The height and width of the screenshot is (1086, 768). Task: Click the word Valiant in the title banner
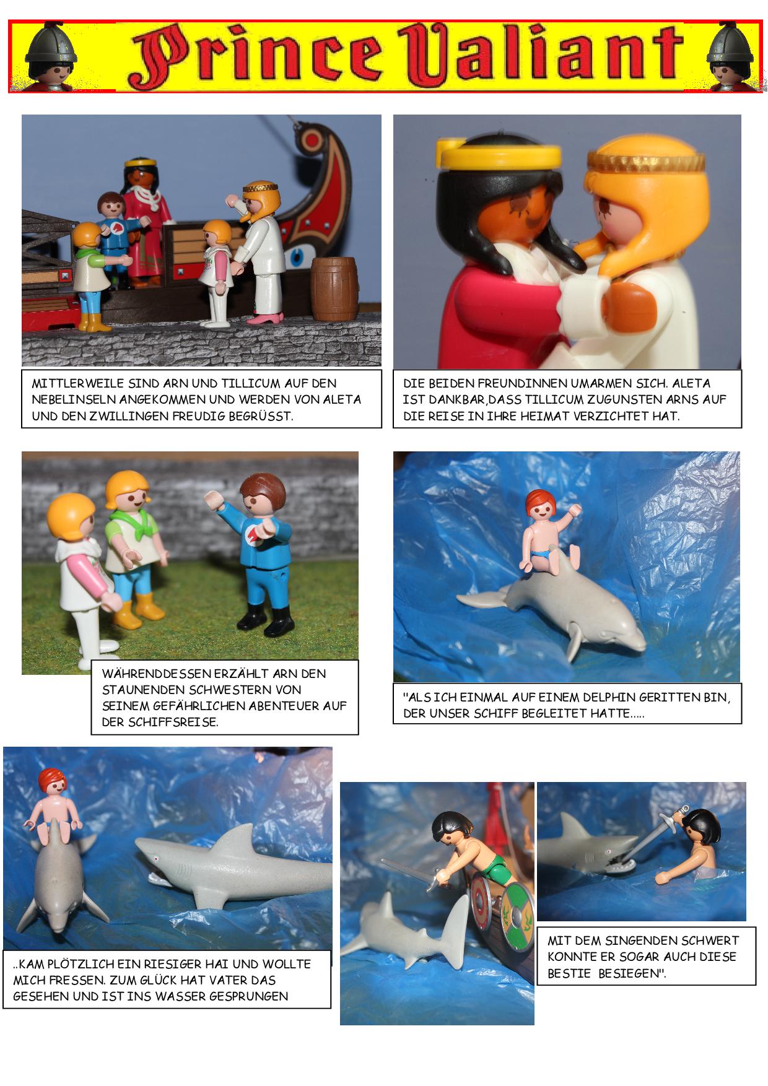coord(538,57)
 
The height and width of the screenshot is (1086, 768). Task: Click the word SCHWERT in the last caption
coord(707,940)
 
